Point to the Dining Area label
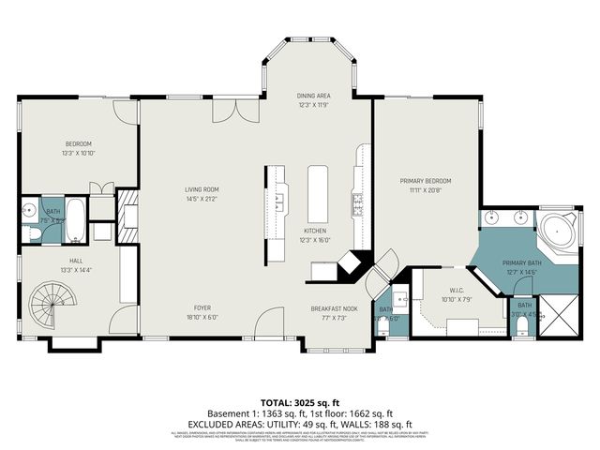(x=313, y=95)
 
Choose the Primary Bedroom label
(x=426, y=181)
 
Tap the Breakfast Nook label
(x=335, y=308)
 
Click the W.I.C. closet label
(x=457, y=291)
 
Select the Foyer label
(x=202, y=308)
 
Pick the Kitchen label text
(x=314, y=231)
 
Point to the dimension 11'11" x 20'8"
(x=426, y=190)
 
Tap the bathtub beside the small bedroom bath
(x=77, y=218)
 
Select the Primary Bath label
(x=521, y=263)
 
